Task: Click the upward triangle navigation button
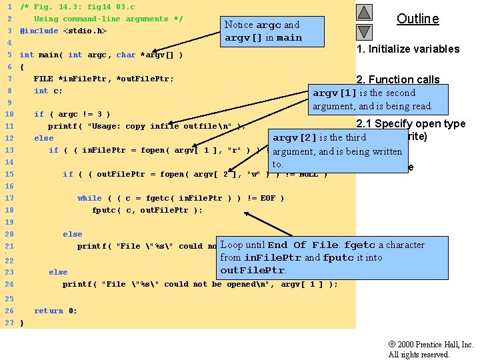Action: pyautogui.click(x=363, y=12)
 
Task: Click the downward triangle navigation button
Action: pyautogui.click(x=363, y=31)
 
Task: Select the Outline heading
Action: pyautogui.click(x=417, y=19)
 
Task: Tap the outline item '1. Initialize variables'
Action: pyautogui.click(x=408, y=49)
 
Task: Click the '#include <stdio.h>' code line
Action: pyautogui.click(x=63, y=31)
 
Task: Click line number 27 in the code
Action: pyautogui.click(x=9, y=323)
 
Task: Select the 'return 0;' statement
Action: pyautogui.click(x=55, y=311)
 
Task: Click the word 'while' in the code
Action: pyautogui.click(x=89, y=198)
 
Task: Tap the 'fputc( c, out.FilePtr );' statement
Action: pyautogui.click(x=147, y=210)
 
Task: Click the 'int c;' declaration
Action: pyautogui.click(x=48, y=91)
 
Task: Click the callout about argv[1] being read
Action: pyautogui.click(x=373, y=99)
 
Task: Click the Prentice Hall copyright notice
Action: pyautogui.click(x=431, y=349)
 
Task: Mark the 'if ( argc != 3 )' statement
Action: pyautogui.click(x=72, y=114)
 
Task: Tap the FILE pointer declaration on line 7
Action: pyautogui.click(x=103, y=79)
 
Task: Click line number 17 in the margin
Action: pyautogui.click(x=9, y=198)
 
